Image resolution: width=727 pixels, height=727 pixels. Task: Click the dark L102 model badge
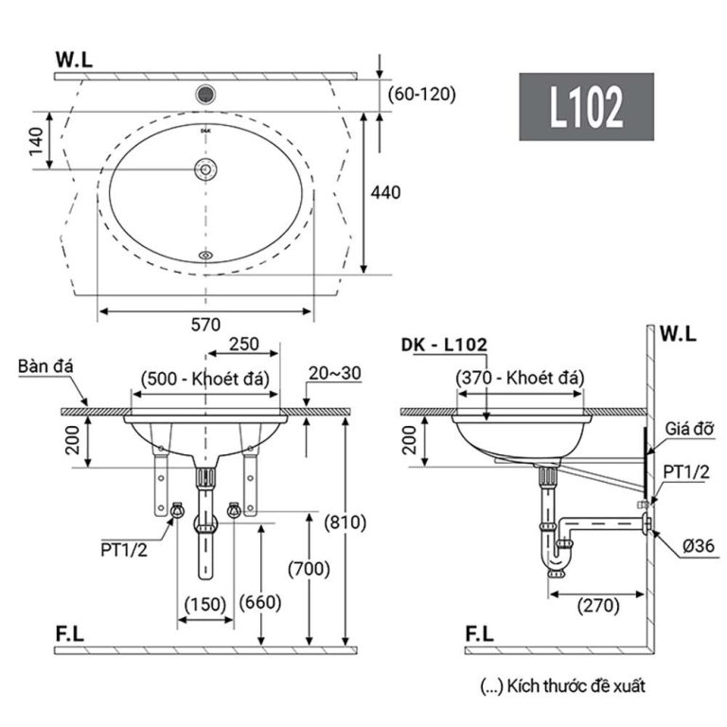click(x=586, y=107)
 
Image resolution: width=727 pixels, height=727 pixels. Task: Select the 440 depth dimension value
click(x=385, y=192)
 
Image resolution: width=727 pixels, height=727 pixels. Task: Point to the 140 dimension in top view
click(x=36, y=141)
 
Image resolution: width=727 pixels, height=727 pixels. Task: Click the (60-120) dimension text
click(x=423, y=93)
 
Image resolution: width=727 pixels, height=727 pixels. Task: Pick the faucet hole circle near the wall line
click(x=205, y=94)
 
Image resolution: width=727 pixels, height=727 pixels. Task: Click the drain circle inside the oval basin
click(x=205, y=168)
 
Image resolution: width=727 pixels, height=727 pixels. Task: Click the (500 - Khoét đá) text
click(x=205, y=379)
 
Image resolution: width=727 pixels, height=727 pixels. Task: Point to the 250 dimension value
click(x=243, y=345)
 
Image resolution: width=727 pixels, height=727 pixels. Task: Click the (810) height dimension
click(x=346, y=522)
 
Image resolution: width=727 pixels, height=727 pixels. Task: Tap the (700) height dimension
click(x=310, y=568)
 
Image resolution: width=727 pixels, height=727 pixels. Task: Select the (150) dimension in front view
click(x=205, y=602)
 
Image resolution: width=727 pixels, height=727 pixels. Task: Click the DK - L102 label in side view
click(x=444, y=346)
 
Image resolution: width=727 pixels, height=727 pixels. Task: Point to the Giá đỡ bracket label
click(x=688, y=429)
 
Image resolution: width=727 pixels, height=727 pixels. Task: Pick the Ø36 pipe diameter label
click(x=689, y=545)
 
